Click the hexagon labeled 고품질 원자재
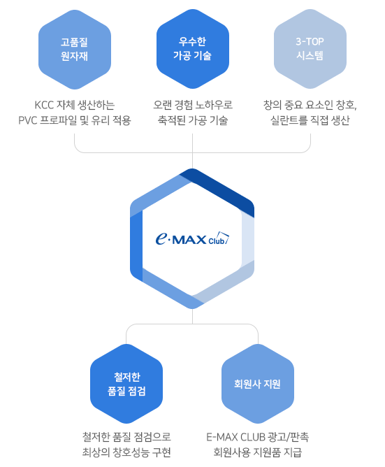coord(75,50)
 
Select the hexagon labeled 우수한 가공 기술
coord(193,49)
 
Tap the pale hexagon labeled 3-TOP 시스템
coord(310,49)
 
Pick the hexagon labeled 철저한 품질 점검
coord(126,384)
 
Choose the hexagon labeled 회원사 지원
coord(258,384)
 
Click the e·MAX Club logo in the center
coord(192,238)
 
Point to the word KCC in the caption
coord(44,105)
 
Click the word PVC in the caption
coord(28,120)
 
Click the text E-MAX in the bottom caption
coord(221,437)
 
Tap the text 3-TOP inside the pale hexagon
coord(310,42)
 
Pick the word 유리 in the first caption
coord(101,120)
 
